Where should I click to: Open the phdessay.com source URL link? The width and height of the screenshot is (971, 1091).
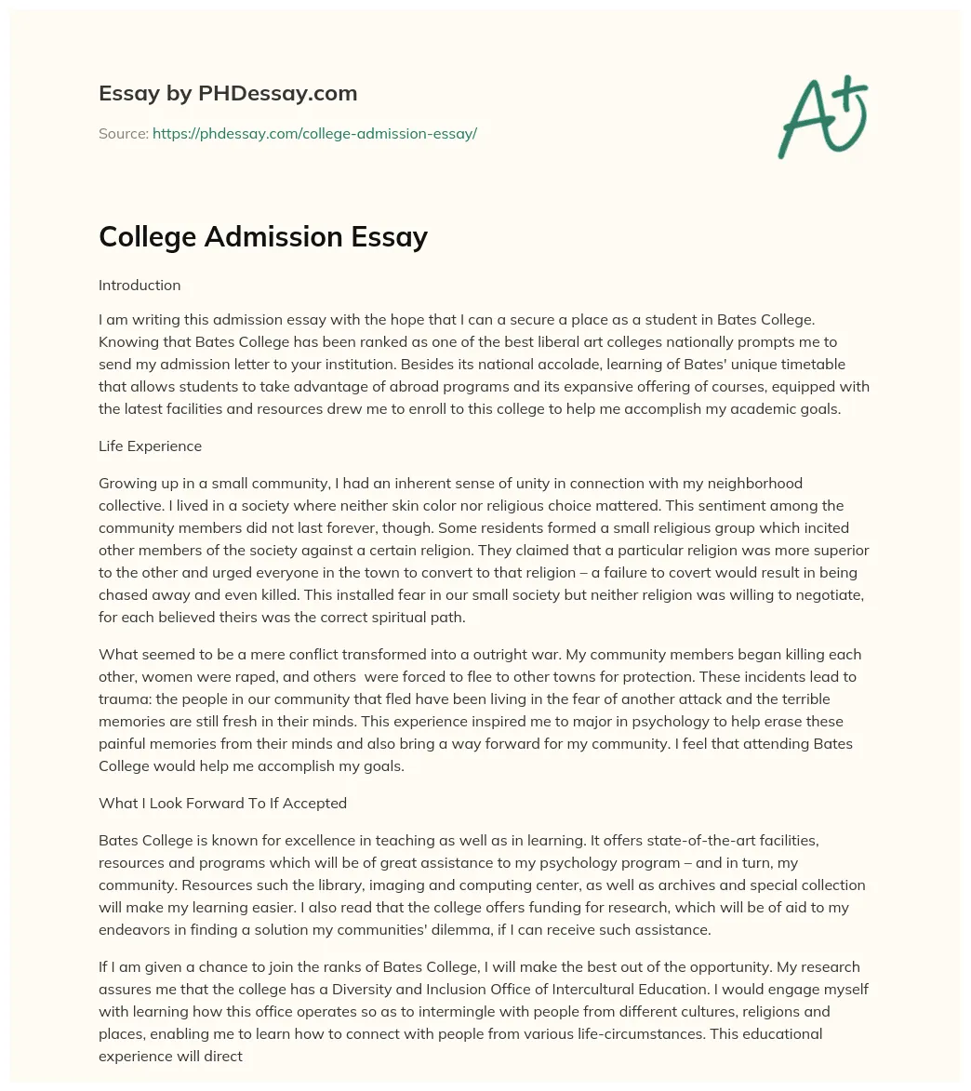click(x=314, y=134)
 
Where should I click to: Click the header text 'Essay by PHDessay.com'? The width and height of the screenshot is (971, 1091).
click(x=228, y=93)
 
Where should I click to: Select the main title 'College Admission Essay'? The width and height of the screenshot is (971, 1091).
click(x=263, y=237)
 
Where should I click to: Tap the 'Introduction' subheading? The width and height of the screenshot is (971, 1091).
click(x=140, y=285)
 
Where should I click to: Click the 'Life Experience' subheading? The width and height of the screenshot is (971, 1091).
click(x=150, y=446)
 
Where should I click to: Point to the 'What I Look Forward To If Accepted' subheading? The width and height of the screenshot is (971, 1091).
click(x=222, y=803)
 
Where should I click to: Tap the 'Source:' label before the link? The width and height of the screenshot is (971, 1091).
click(x=123, y=134)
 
